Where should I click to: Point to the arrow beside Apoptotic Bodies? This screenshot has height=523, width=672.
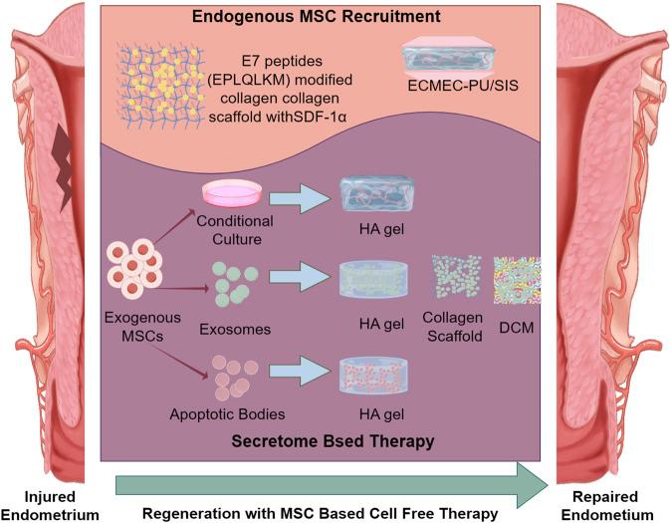click(300, 375)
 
